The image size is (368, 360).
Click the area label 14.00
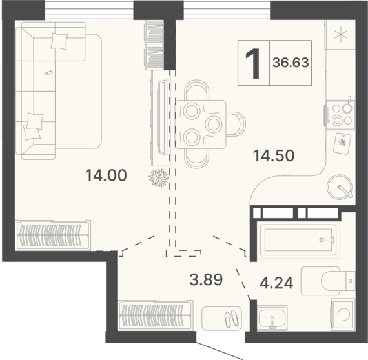tap(106, 175)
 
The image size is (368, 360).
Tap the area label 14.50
tap(274, 155)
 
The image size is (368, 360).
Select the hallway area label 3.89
tap(206, 279)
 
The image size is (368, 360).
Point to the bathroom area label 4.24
tap(276, 283)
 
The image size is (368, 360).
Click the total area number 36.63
tap(291, 63)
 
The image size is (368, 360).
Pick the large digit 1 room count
tap(253, 63)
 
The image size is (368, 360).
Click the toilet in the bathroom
tap(328, 281)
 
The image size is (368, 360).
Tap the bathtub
tap(298, 240)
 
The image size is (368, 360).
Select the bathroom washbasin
tap(272, 318)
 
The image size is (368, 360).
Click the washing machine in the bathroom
tap(343, 314)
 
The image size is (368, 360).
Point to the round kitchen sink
tap(340, 186)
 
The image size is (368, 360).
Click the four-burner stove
tap(340, 115)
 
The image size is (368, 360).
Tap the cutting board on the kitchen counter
tap(342, 143)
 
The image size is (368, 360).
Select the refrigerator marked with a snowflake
tap(340, 35)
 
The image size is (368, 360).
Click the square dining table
tap(201, 125)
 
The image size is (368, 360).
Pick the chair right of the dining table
tap(236, 124)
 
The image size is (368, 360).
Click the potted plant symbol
tap(159, 178)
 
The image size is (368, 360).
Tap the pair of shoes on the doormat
tap(232, 319)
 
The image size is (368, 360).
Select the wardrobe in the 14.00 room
tap(53, 235)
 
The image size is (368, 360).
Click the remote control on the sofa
tap(49, 73)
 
